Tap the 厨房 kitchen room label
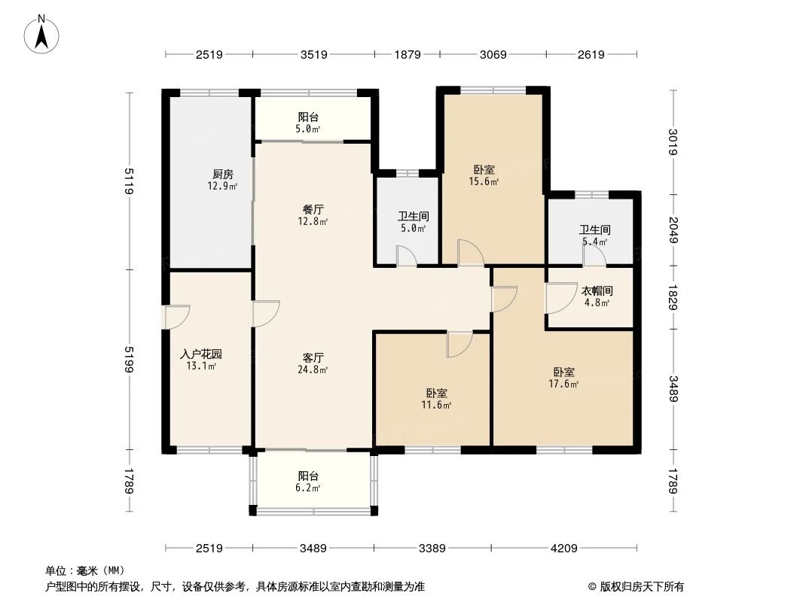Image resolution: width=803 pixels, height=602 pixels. click(x=222, y=180)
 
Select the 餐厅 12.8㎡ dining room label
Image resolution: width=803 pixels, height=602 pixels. click(x=313, y=215)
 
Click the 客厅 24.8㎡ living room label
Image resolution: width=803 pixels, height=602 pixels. click(x=313, y=363)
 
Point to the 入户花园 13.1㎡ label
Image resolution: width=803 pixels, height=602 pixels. click(x=201, y=360)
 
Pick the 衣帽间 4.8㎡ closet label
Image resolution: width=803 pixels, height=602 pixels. click(x=597, y=296)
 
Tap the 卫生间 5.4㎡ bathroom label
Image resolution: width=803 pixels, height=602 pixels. click(x=594, y=236)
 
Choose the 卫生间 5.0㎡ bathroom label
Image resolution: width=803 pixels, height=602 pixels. click(x=413, y=222)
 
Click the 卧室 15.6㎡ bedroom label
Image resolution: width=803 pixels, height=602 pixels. click(x=484, y=175)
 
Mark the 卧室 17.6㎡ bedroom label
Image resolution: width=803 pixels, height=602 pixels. click(x=564, y=378)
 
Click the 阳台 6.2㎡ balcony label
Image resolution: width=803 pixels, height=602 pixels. click(x=308, y=482)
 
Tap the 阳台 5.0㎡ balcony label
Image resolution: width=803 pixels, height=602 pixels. click(x=308, y=123)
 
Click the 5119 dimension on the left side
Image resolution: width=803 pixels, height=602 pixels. click(x=129, y=181)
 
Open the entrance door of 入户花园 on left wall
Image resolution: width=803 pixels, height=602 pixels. click(x=176, y=317)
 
